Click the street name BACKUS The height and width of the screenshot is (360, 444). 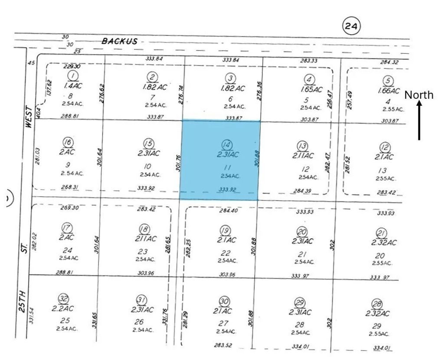tap(119, 41)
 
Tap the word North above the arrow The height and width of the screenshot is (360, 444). tap(419, 95)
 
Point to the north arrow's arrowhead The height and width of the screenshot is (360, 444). tap(419, 104)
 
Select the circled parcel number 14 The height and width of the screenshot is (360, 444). tap(225, 145)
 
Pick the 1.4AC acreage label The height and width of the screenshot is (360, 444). tap(73, 86)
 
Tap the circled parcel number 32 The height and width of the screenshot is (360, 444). tap(64, 298)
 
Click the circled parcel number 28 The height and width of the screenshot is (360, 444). tap(376, 304)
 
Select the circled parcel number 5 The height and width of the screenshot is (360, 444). tap(388, 81)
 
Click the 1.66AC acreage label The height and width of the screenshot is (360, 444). tap(388, 91)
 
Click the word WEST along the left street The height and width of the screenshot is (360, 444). tap(29, 117)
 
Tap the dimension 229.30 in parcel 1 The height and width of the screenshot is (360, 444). tap(72, 67)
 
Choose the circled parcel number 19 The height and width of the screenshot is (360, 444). tap(225, 230)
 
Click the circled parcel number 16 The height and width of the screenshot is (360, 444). tap(68, 143)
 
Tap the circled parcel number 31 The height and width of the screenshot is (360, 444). tap(141, 300)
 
